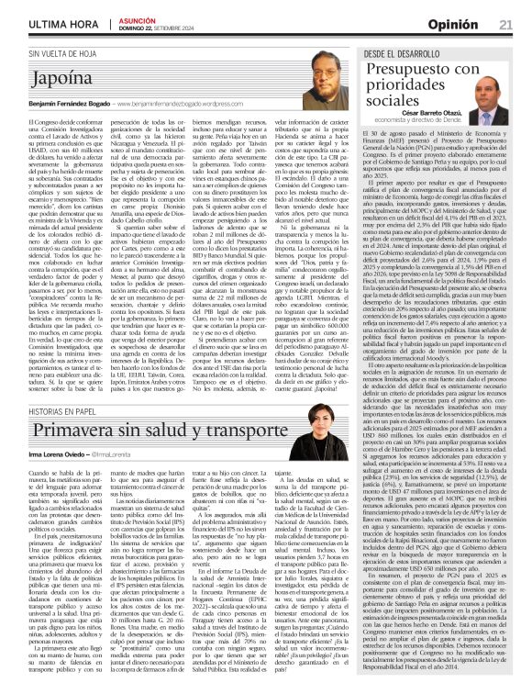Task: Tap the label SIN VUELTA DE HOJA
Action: [64, 54]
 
